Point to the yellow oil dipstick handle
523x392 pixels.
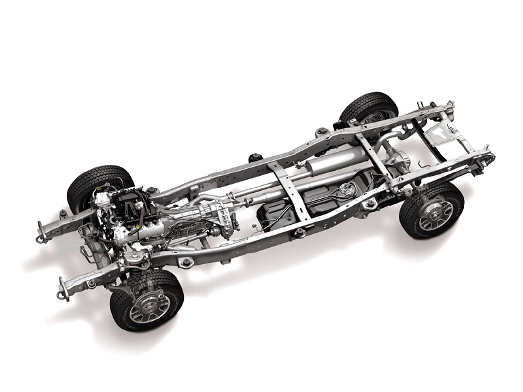(x=139, y=226)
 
